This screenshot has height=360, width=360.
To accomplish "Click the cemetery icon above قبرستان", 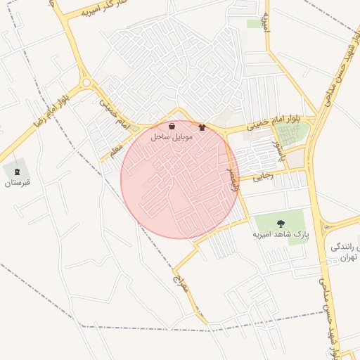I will tap(16, 172).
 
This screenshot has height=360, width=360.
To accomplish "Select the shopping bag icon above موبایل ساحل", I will tap(172, 127).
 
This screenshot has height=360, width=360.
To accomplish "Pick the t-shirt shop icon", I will tap(203, 128).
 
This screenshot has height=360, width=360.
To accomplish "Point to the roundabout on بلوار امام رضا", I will tap(86, 82).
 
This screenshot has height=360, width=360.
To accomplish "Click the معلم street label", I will tap(115, 148).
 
